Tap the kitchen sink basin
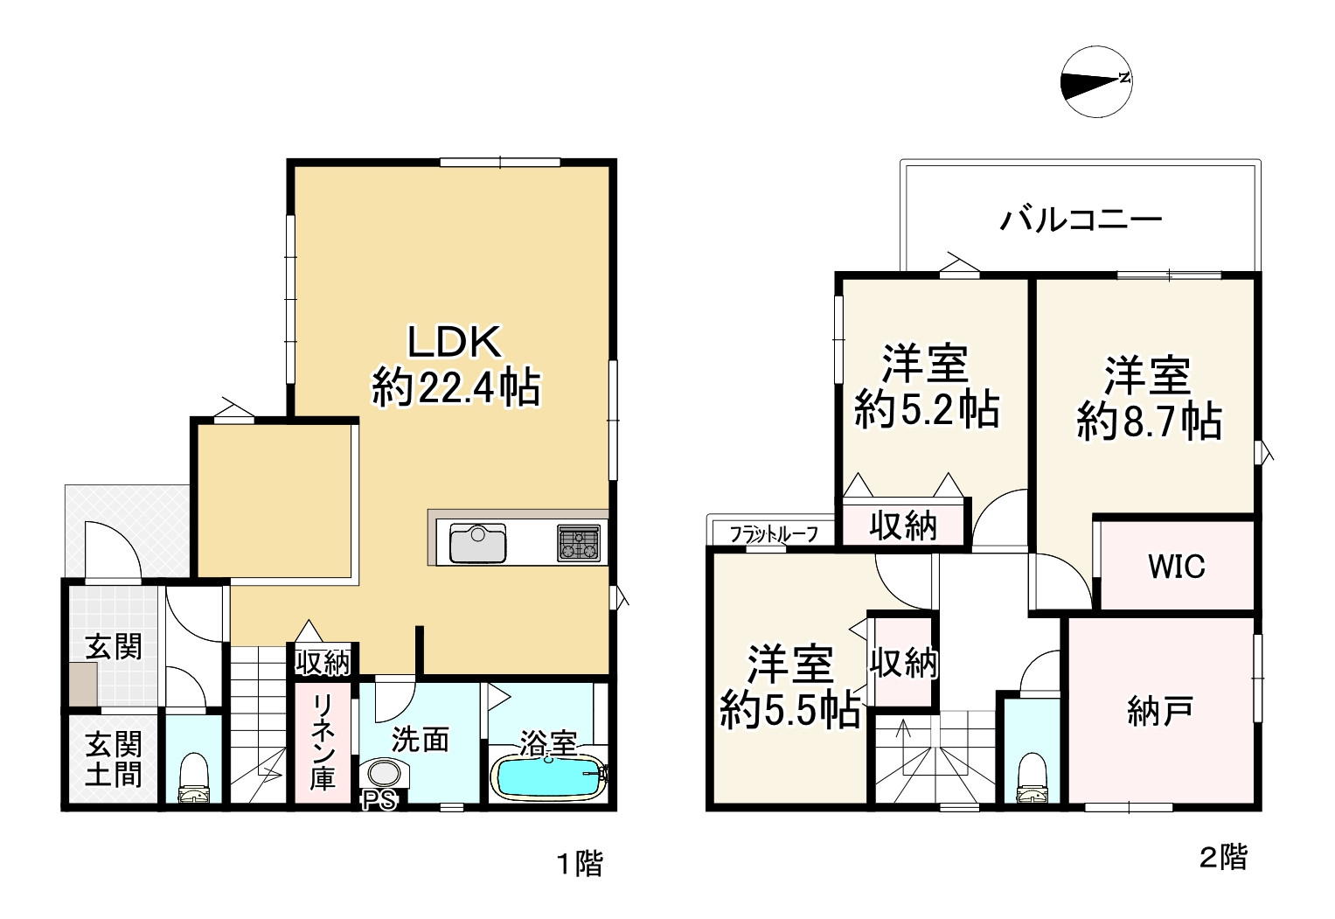tap(477, 544)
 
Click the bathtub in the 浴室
tap(549, 776)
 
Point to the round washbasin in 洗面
tap(384, 775)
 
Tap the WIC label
tap(1176, 567)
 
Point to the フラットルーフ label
tap(773, 533)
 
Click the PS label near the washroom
tap(379, 799)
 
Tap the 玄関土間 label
tap(114, 759)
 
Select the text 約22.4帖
tap(455, 387)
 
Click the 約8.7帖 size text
tap(1148, 422)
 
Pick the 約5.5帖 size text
tap(789, 712)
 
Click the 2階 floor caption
tap(1223, 857)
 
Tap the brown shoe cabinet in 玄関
tap(84, 683)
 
